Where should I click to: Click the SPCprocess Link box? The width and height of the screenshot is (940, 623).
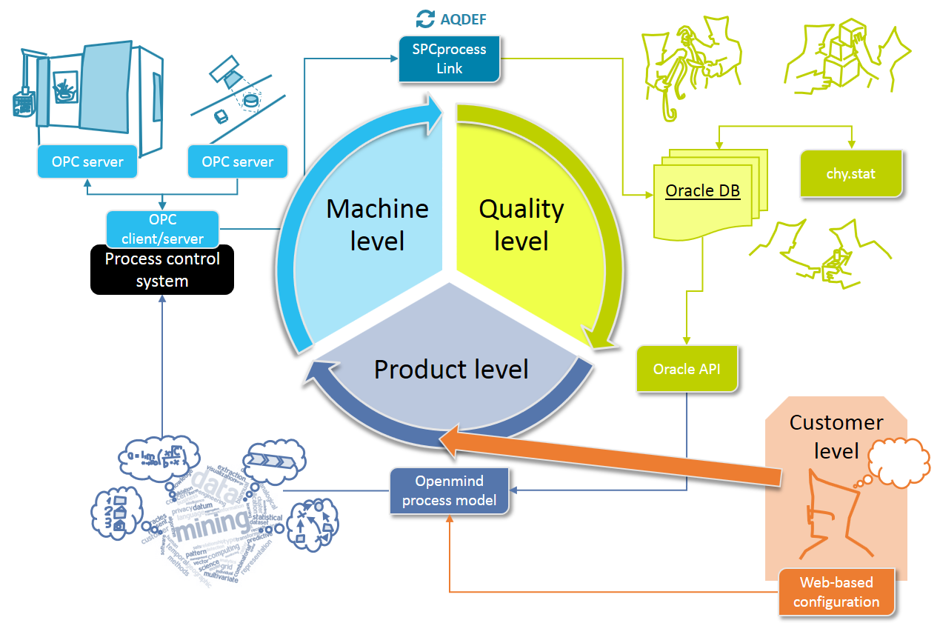[449, 59]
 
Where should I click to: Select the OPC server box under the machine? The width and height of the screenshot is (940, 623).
[87, 161]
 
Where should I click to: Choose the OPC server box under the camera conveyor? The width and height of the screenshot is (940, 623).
[238, 161]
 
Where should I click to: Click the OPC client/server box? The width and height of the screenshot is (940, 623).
[162, 229]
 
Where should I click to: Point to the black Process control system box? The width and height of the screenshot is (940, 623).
[162, 270]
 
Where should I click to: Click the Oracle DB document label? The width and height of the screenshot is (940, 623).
[703, 190]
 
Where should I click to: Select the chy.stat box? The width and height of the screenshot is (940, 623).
[850, 175]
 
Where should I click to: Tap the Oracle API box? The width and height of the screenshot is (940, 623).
[688, 368]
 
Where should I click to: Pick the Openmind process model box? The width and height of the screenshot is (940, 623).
[450, 490]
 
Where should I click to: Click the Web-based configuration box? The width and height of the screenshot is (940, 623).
[836, 592]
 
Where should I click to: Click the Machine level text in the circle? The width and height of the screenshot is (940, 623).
[377, 224]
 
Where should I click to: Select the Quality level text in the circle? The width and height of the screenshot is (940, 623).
[521, 224]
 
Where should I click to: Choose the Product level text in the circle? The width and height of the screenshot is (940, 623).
[451, 369]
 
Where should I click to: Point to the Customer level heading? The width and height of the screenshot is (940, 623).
[836, 436]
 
